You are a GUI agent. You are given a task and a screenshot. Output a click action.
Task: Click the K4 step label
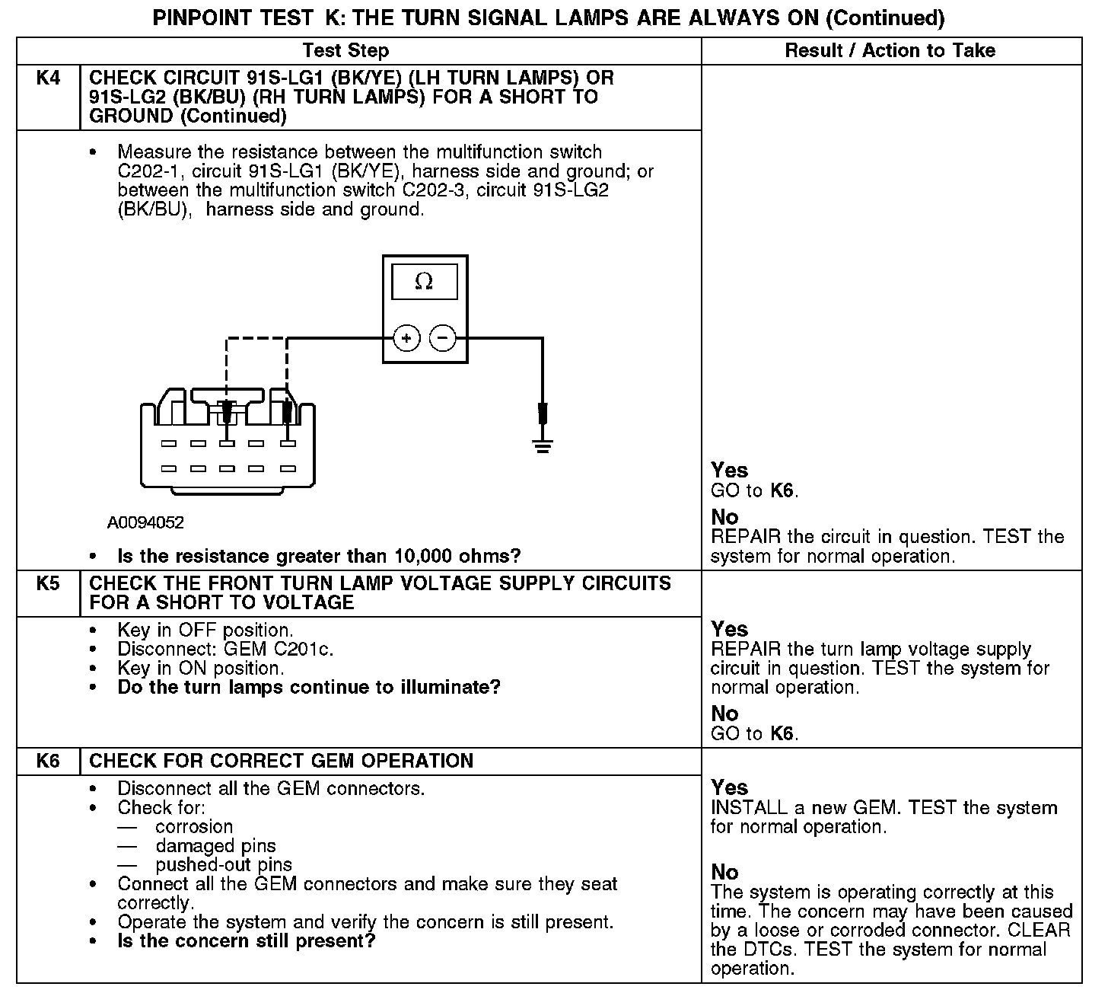(48, 78)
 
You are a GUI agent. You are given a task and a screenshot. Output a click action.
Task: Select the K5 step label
(48, 583)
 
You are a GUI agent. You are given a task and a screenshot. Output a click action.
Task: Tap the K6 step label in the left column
(48, 761)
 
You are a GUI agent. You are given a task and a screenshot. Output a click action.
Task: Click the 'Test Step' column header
(345, 51)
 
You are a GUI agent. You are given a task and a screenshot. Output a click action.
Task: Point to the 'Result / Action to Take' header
(890, 51)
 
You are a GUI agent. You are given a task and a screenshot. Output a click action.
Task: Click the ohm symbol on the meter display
(424, 282)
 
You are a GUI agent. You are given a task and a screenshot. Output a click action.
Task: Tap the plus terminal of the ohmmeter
(406, 337)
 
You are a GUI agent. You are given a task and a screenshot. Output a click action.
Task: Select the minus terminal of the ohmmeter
(443, 337)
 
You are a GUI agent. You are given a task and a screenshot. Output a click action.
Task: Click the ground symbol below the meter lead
(542, 445)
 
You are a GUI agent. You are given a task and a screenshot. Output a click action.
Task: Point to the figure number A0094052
(145, 522)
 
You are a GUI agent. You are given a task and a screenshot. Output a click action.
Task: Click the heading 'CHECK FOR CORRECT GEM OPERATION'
(281, 761)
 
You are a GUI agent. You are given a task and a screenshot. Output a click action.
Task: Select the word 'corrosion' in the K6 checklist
(194, 826)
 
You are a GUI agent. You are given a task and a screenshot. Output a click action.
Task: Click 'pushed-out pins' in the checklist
(224, 864)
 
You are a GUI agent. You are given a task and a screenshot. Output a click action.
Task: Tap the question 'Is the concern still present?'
(247, 940)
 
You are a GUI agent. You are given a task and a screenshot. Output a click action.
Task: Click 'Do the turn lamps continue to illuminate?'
(309, 687)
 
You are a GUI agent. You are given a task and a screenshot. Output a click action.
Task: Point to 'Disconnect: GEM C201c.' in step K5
(225, 649)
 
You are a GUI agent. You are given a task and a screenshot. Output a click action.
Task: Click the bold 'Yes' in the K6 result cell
(729, 787)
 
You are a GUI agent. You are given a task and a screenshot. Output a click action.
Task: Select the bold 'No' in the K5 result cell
(724, 714)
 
